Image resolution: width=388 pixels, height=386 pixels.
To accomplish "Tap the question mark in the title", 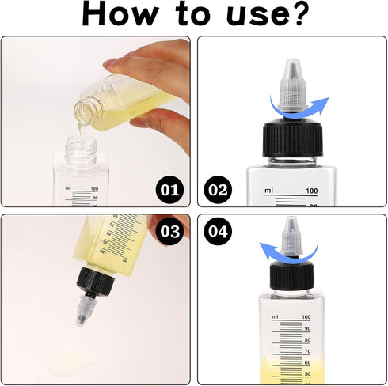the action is point(299,13).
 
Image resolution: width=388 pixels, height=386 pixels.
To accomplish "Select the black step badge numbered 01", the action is point(169,190).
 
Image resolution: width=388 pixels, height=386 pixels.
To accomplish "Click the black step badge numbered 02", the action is point(218,190).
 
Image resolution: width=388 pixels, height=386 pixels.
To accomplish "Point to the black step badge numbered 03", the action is point(169,231).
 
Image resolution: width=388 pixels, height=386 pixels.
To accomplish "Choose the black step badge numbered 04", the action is point(218,231).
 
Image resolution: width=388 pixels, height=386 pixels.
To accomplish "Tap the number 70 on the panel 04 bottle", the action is point(307,351).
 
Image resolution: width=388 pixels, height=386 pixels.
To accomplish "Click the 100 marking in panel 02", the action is point(312,191).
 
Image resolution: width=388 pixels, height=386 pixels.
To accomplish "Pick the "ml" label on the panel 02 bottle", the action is point(268,190).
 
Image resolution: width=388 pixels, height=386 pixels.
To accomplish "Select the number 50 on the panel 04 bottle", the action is point(307,374).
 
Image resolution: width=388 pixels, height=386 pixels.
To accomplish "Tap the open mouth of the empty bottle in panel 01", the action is point(81,142).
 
